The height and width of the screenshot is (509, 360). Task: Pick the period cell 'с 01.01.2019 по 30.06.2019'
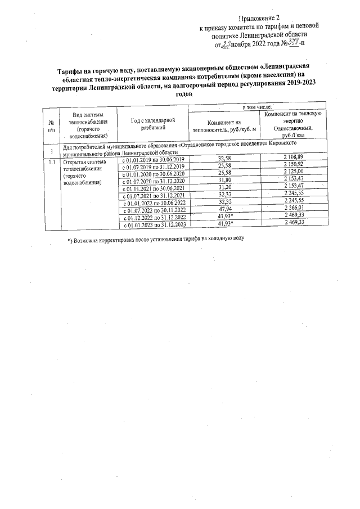pyautogui.click(x=154, y=160)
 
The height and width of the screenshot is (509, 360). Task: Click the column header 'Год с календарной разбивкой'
pyautogui.click(x=152, y=124)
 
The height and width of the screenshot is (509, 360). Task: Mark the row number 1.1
pyautogui.click(x=51, y=162)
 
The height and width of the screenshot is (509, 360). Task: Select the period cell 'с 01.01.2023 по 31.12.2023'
pyautogui.click(x=154, y=224)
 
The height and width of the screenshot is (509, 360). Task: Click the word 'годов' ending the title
pyautogui.click(x=192, y=93)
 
